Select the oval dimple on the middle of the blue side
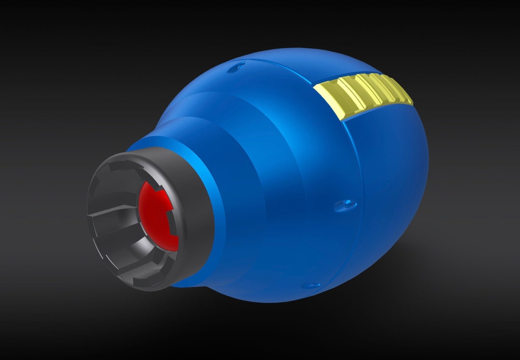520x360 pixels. click(x=346, y=206)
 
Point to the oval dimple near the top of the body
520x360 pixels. click(x=238, y=66)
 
